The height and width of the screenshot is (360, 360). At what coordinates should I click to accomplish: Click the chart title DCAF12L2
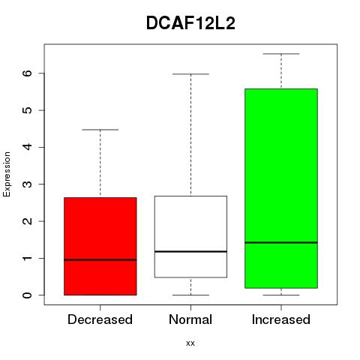pos(190,23)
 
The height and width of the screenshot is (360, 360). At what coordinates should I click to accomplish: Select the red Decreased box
pos(100,246)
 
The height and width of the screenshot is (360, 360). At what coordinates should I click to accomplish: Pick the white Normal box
pos(190,237)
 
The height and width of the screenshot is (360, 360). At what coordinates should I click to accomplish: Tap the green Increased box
pos(281,188)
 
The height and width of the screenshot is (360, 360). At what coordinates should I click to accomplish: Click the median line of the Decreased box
pos(100,259)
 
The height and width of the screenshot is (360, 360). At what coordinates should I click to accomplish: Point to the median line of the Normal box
pos(190,251)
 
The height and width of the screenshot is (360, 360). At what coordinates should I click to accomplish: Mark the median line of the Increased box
pos(281,242)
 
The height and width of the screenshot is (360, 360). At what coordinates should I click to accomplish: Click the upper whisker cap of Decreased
pos(100,130)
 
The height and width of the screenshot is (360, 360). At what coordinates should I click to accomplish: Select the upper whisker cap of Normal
pos(190,74)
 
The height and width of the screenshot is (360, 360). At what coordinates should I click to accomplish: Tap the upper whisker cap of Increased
pos(281,54)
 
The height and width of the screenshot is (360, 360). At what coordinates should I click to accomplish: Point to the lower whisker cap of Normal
pos(190,295)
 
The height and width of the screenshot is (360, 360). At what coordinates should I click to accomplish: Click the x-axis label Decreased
pos(100,319)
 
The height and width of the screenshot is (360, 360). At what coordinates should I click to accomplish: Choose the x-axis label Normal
pos(190,319)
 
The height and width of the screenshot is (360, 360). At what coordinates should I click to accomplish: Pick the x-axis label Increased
pos(281,319)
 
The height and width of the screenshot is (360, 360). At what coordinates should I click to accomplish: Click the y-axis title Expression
pos(7,174)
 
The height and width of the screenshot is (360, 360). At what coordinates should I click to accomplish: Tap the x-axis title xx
pos(190,343)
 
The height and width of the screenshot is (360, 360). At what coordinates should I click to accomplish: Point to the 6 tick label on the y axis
pos(27,73)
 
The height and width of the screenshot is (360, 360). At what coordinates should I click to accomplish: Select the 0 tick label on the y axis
pos(27,295)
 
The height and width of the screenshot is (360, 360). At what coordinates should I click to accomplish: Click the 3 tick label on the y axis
pos(27,184)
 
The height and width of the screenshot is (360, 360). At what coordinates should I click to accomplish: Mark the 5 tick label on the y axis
pos(27,110)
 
